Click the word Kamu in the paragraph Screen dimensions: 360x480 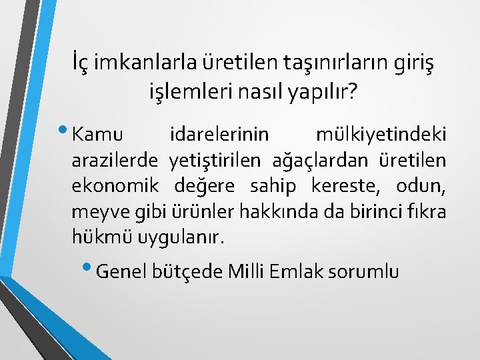pos(97,135)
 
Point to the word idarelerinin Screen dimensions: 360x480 pos(220,135)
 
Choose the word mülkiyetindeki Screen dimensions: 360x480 pos(381,135)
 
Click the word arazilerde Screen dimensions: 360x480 pos(115,160)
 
